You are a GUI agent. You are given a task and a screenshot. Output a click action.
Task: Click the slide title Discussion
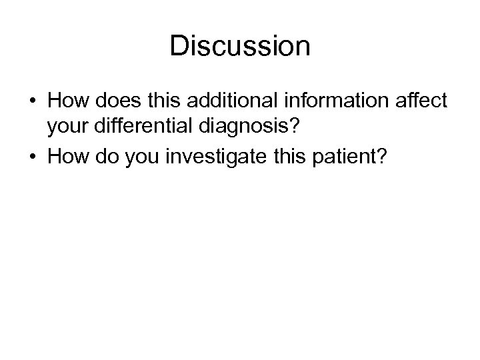[240, 46]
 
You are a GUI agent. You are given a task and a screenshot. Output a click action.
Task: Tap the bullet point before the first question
[33, 102]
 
